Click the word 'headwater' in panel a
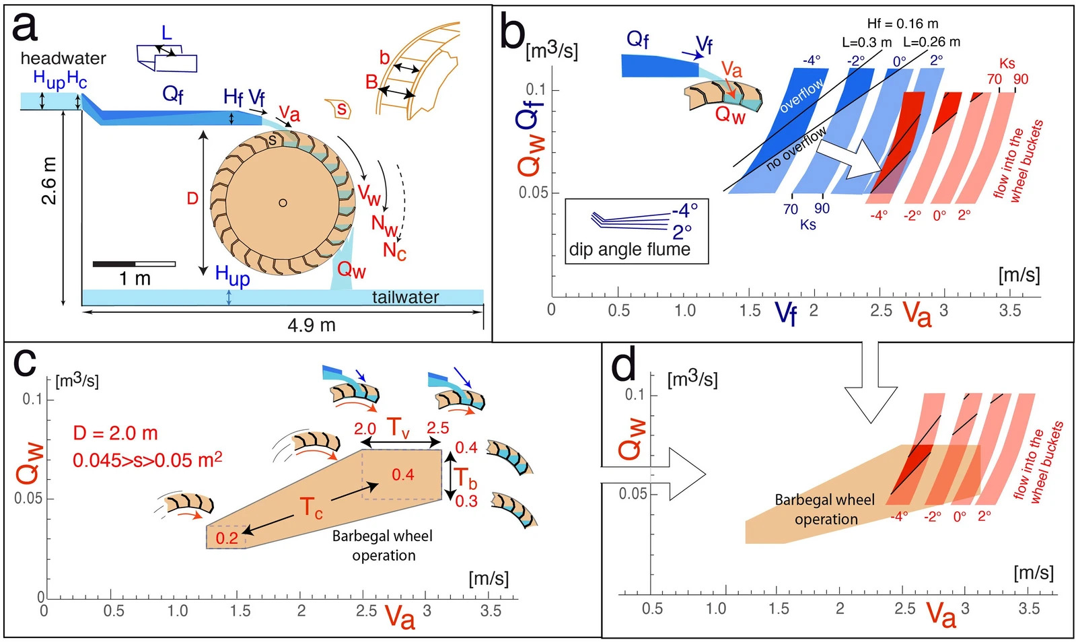pyautogui.click(x=63, y=59)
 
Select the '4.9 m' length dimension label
pyautogui.click(x=311, y=326)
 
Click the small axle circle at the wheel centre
pyautogui.click(x=283, y=203)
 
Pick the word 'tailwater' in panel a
pyautogui.click(x=405, y=297)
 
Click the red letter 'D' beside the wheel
pyautogui.click(x=192, y=199)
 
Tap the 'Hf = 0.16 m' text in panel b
pyautogui.click(x=902, y=24)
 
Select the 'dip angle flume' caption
pyautogui.click(x=630, y=250)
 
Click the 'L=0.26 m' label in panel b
pyautogui.click(x=931, y=42)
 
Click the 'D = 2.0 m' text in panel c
pyautogui.click(x=115, y=433)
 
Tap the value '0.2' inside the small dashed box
pyautogui.click(x=227, y=538)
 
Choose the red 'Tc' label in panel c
pyautogui.click(x=311, y=507)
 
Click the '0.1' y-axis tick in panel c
pyautogui.click(x=32, y=399)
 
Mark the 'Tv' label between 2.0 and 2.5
pyautogui.click(x=398, y=427)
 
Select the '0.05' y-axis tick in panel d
pyautogui.click(x=633, y=494)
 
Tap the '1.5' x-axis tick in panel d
pyautogui.click(x=779, y=609)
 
